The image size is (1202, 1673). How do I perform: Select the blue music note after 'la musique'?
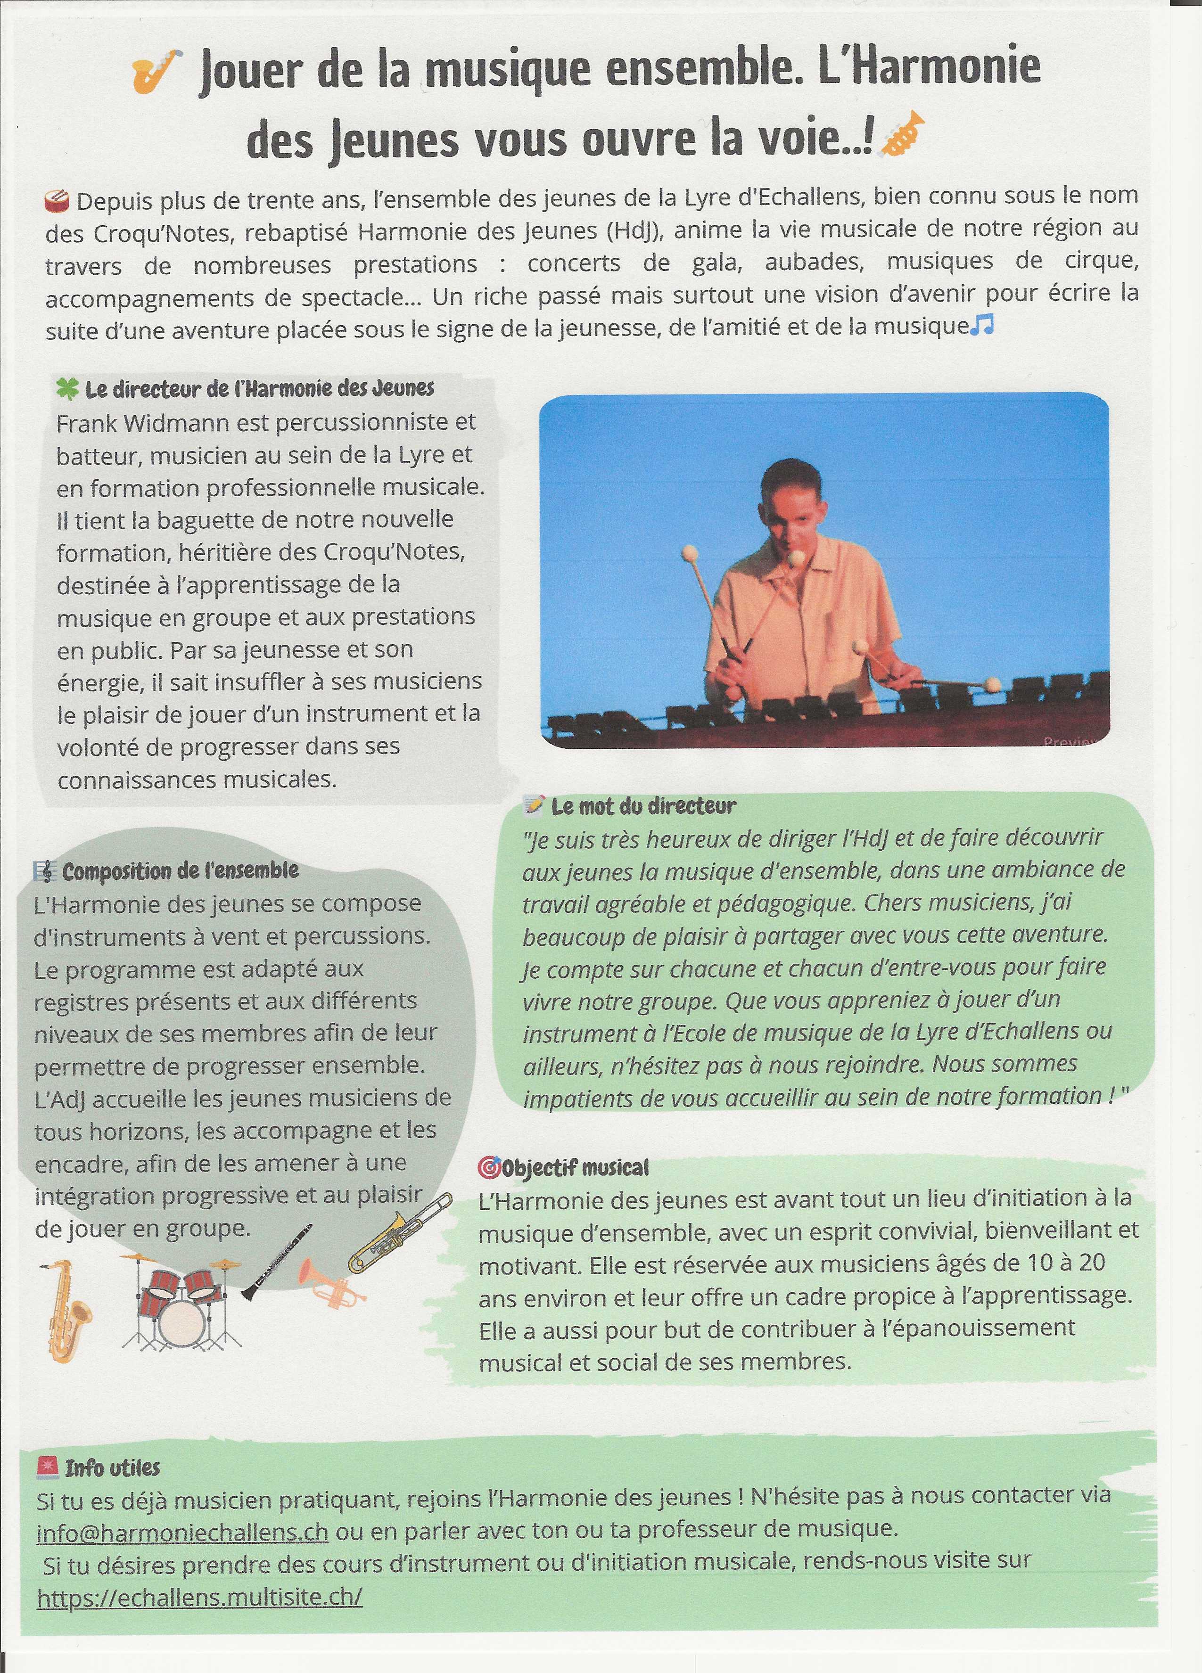(x=983, y=325)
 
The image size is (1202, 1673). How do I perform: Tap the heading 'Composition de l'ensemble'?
(x=180, y=871)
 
